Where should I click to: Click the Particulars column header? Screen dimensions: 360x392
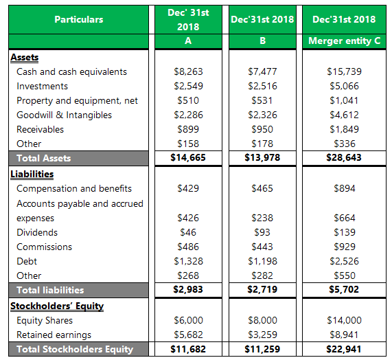(78, 19)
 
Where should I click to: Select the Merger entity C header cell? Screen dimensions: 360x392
(345, 41)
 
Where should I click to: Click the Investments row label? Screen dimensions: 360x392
(42, 86)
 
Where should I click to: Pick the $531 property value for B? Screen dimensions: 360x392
(262, 100)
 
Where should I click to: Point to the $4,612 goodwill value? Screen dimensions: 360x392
(345, 115)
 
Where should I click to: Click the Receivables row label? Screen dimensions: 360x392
(40, 129)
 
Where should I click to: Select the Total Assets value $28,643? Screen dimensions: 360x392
(345, 158)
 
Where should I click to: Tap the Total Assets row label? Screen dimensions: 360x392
(43, 158)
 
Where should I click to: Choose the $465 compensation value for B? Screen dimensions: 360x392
(262, 188)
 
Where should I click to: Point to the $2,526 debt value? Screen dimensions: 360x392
(345, 261)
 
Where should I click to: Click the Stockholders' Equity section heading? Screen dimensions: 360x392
(57, 306)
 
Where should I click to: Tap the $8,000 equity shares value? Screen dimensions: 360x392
(262, 320)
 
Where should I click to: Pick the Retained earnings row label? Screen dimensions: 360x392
(54, 335)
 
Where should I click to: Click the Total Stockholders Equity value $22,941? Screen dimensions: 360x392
(345, 349)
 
